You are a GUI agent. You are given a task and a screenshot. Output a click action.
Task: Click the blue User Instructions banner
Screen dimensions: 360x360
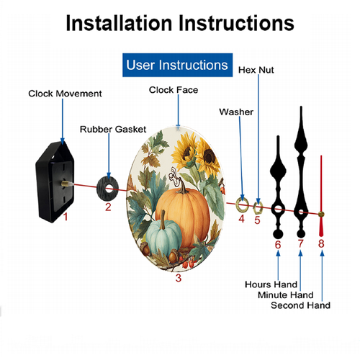(177, 65)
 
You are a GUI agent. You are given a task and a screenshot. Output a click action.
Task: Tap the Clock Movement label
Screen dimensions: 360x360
(65, 94)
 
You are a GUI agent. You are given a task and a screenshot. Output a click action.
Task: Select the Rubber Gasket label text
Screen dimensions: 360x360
(113, 130)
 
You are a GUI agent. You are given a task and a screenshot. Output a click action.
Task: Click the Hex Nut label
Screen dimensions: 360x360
(256, 70)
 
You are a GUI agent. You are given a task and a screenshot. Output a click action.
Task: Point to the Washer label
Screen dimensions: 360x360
(236, 112)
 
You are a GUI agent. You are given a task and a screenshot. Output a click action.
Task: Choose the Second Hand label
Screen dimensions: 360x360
(300, 305)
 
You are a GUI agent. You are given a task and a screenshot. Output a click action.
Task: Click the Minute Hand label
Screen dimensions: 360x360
(286, 294)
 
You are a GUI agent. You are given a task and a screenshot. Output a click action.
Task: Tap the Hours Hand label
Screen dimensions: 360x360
(271, 284)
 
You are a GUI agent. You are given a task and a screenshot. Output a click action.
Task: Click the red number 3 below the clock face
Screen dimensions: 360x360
(179, 278)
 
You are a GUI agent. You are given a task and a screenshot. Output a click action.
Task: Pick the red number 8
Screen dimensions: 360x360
(321, 243)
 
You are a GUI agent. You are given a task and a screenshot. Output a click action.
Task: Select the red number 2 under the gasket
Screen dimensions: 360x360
(108, 207)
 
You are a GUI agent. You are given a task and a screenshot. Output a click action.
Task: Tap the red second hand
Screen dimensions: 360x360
(321, 196)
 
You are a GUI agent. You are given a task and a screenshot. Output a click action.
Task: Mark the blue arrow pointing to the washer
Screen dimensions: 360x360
(241, 158)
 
